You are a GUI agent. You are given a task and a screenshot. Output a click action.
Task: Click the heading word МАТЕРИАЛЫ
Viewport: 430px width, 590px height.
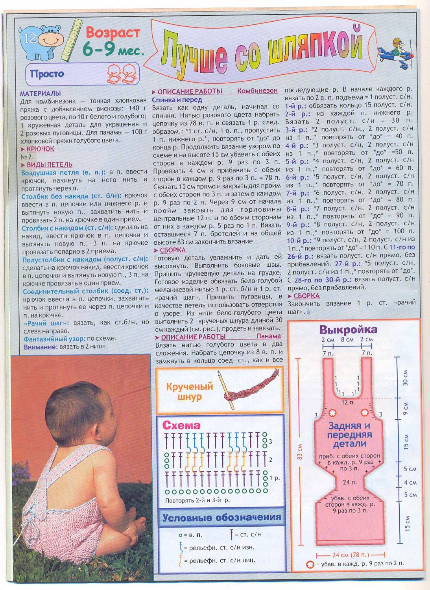[41, 93]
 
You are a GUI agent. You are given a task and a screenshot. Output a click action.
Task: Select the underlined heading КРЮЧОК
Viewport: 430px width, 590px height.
[40, 149]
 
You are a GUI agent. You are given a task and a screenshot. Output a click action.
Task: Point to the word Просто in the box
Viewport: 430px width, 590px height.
[47, 74]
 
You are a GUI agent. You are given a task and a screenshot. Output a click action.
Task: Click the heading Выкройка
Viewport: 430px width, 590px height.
[348, 329]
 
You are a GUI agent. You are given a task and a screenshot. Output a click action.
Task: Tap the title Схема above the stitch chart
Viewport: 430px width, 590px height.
[181, 425]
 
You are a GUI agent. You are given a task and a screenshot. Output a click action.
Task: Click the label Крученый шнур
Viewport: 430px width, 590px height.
[189, 391]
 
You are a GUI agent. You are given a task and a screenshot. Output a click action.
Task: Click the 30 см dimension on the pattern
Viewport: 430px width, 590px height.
[406, 378]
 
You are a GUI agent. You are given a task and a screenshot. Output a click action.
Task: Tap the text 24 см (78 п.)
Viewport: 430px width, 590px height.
[351, 555]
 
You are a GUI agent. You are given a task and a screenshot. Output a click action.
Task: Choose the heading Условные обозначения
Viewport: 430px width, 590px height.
[221, 518]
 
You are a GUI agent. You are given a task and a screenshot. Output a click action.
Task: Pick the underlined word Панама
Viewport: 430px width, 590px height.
[269, 336]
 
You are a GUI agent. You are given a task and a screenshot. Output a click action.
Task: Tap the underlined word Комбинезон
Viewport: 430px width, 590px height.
[257, 90]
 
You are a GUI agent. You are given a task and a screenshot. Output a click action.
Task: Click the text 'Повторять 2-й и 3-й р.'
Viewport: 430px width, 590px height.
[197, 500]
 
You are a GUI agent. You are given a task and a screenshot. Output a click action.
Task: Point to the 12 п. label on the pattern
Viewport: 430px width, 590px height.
[348, 402]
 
